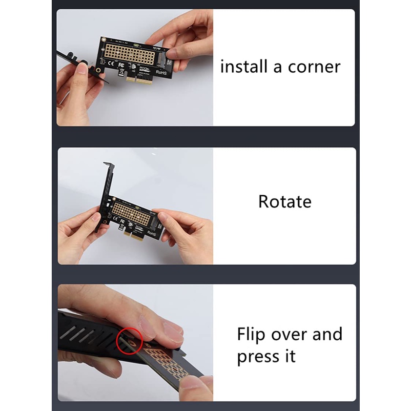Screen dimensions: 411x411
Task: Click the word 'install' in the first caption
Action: (244, 66)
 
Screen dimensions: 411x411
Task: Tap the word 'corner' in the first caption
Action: (314, 67)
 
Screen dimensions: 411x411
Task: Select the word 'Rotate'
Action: (285, 202)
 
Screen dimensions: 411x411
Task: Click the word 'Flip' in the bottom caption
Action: (251, 335)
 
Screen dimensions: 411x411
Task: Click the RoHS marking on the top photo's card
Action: (161, 72)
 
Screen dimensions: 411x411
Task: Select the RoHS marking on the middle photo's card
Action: (151, 233)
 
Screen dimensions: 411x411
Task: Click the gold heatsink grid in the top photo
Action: (130, 54)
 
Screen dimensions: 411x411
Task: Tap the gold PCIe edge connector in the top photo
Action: (139, 80)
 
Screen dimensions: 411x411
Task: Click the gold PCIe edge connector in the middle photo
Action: (134, 236)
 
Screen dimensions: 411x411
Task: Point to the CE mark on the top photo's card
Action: (111, 63)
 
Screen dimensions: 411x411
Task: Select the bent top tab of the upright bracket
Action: (109, 164)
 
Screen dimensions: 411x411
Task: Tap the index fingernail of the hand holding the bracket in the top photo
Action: (82, 68)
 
